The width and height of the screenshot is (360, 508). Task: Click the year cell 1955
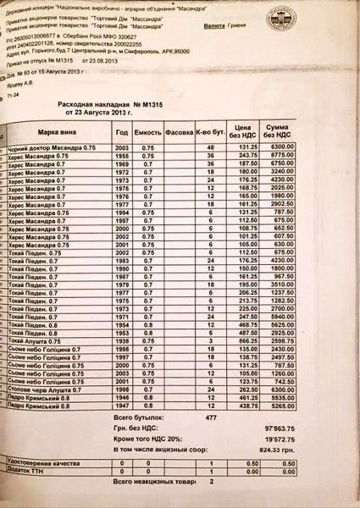click(x=122, y=156)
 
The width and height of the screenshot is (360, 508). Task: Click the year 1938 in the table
click(x=122, y=340)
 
